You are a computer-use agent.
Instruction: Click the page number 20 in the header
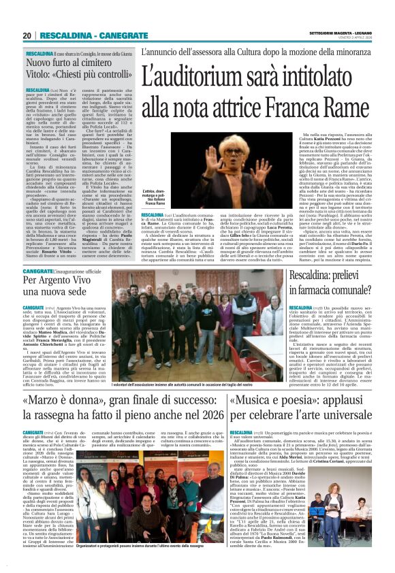click(27, 35)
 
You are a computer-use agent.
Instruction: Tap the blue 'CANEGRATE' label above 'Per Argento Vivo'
click(39, 270)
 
